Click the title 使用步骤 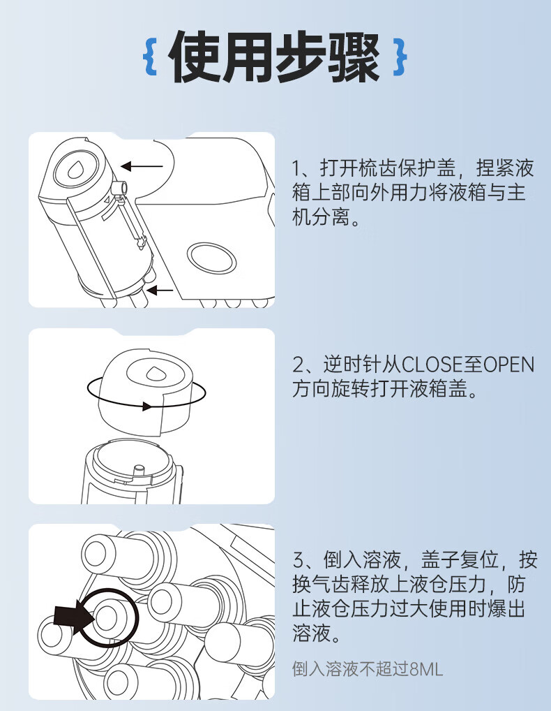(274, 57)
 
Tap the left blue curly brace (150, 57)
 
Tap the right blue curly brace (400, 57)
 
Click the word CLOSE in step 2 (433, 365)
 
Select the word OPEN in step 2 (509, 365)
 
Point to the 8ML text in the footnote (425, 669)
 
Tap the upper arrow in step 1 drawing (142, 166)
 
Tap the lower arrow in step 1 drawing (160, 290)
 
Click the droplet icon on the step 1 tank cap (75, 170)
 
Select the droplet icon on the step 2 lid (153, 373)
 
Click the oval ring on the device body (212, 258)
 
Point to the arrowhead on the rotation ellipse (146, 406)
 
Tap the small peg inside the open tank (139, 469)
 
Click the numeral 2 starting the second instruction (298, 365)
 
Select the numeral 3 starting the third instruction (299, 560)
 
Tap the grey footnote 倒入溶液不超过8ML (367, 669)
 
